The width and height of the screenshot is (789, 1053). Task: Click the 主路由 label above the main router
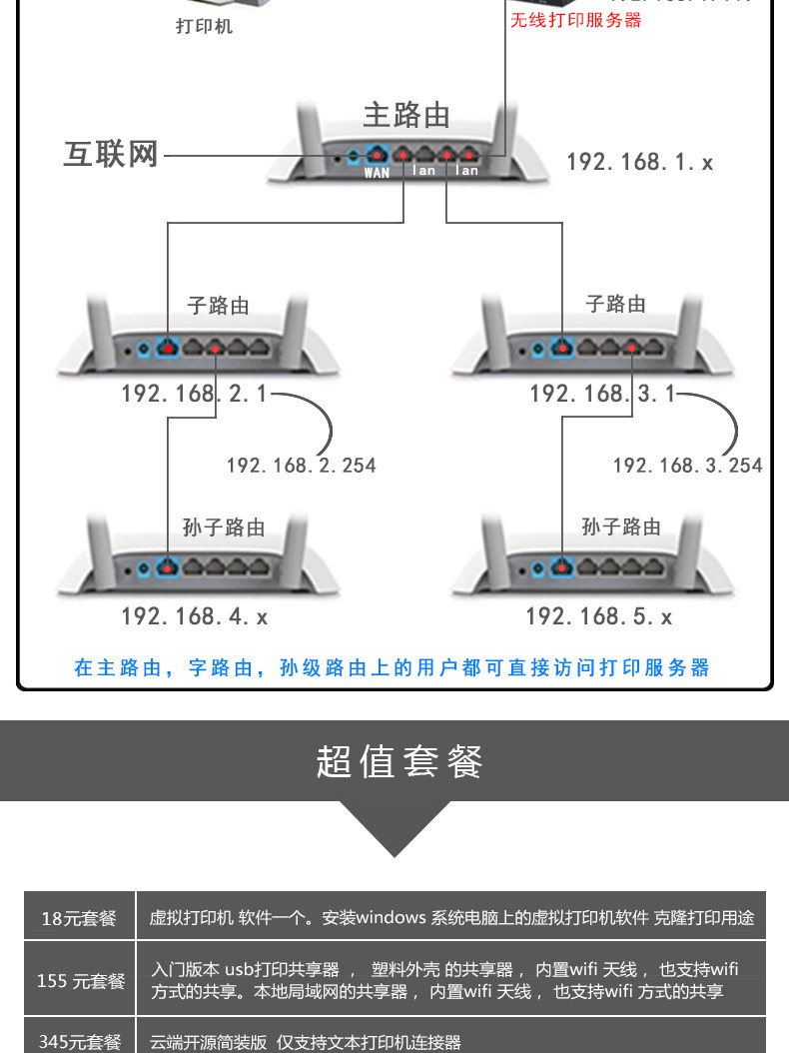pyautogui.click(x=405, y=116)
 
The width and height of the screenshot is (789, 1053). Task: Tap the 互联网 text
pyautogui.click(x=111, y=156)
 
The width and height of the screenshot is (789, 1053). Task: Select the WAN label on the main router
pyautogui.click(x=377, y=173)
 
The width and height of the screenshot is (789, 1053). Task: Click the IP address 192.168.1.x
pyautogui.click(x=639, y=162)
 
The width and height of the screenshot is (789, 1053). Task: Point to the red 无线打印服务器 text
pyautogui.click(x=576, y=20)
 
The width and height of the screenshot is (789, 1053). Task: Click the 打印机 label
pyautogui.click(x=204, y=27)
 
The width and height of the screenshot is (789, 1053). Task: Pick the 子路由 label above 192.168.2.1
pyautogui.click(x=219, y=306)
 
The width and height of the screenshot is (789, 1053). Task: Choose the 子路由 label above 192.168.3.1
pyautogui.click(x=615, y=304)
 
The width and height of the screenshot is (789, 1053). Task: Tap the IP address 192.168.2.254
pyautogui.click(x=301, y=465)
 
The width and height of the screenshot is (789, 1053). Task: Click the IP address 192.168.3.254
pyautogui.click(x=687, y=465)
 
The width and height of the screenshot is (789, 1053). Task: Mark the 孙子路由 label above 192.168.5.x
pyautogui.click(x=621, y=526)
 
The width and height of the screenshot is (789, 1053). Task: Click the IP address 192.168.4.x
pyautogui.click(x=195, y=616)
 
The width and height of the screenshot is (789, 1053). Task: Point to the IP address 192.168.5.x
pyautogui.click(x=599, y=616)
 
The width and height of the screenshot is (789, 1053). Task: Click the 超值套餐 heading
pyautogui.click(x=399, y=761)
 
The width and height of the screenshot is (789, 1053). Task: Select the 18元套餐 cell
pyautogui.click(x=79, y=917)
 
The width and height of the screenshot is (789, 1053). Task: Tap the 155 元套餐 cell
pyautogui.click(x=81, y=980)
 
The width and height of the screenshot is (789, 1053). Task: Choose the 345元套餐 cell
pyautogui.click(x=79, y=1041)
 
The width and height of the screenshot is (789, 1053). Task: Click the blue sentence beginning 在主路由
pyautogui.click(x=393, y=667)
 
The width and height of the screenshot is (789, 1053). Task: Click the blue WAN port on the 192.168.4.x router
pyautogui.click(x=166, y=567)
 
